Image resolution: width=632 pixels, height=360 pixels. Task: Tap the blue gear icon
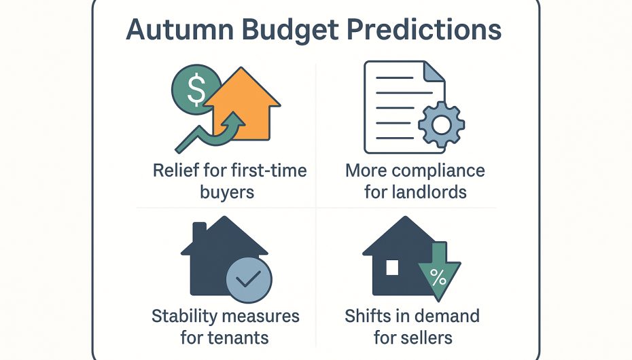[441, 124]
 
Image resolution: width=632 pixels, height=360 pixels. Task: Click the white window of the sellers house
[392, 268]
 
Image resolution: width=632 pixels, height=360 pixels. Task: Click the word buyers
[227, 192]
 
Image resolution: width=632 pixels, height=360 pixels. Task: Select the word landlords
[430, 192]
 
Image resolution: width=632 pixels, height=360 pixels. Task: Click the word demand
[446, 316]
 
